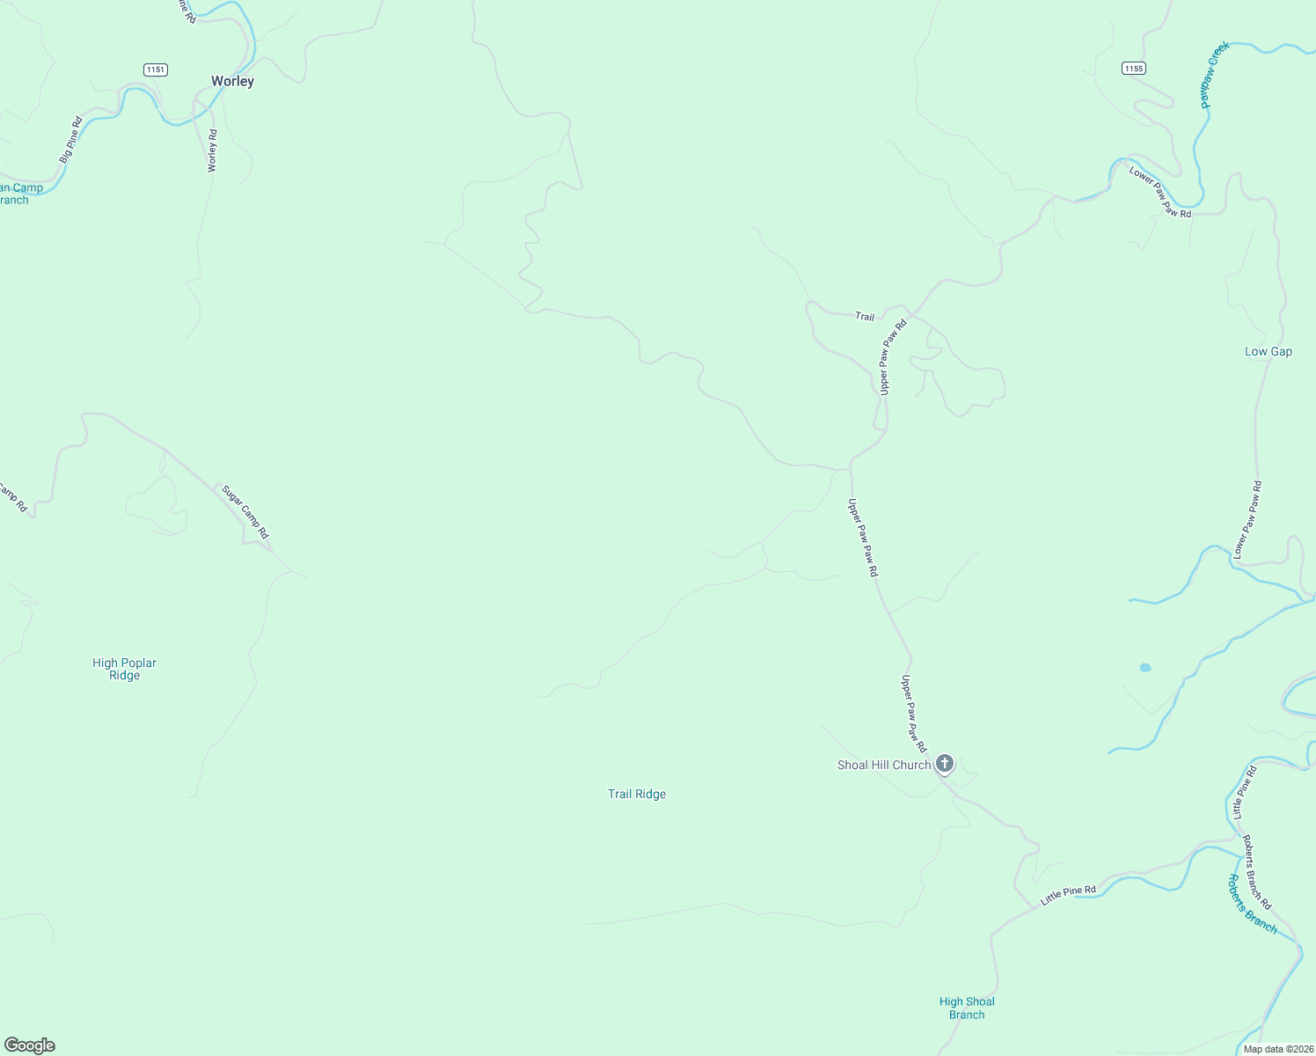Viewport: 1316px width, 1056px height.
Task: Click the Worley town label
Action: pyautogui.click(x=232, y=81)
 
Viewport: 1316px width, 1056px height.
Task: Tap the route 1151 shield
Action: pyautogui.click(x=155, y=70)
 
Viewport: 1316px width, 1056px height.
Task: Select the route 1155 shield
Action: pyautogui.click(x=1133, y=69)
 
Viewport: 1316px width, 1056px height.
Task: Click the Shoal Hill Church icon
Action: pyautogui.click(x=944, y=763)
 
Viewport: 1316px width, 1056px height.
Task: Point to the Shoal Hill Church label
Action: pyautogui.click(x=883, y=766)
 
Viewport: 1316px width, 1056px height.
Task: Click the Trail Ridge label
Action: pyautogui.click(x=637, y=794)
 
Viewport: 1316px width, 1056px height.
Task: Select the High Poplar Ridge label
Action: pyautogui.click(x=124, y=670)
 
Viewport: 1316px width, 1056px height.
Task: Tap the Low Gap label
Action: pyautogui.click(x=1268, y=351)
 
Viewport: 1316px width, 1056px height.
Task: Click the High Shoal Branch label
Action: pyautogui.click(x=966, y=1008)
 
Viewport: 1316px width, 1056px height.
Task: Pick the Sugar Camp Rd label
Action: pyautogui.click(x=245, y=512)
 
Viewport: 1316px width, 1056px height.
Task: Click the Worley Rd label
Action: pyautogui.click(x=212, y=150)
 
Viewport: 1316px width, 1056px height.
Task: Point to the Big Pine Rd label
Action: pyautogui.click(x=70, y=140)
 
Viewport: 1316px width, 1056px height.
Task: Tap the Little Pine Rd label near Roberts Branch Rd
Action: pyautogui.click(x=1068, y=896)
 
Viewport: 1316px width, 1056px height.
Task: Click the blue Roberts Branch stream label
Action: pyautogui.click(x=1251, y=904)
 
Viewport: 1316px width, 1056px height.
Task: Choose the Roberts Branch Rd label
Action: pyautogui.click(x=1256, y=872)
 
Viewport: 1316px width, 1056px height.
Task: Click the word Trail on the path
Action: pyautogui.click(x=865, y=316)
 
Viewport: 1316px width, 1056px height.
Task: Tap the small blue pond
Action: pyautogui.click(x=1144, y=668)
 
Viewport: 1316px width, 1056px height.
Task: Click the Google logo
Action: pyautogui.click(x=30, y=1045)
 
